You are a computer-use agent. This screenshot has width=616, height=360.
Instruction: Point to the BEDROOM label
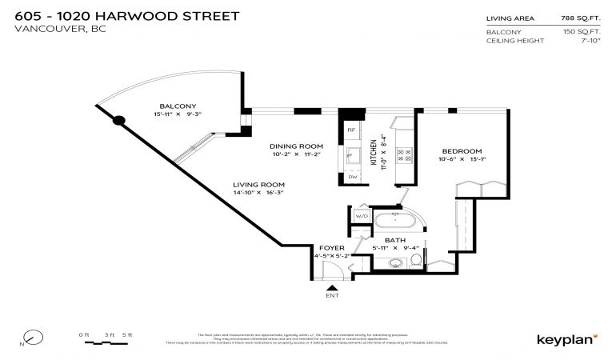[462, 151]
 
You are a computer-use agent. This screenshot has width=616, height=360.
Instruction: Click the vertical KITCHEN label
[374, 152]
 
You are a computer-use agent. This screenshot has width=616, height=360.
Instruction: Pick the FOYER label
[331, 248]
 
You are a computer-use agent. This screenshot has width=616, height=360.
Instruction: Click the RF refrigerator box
[350, 130]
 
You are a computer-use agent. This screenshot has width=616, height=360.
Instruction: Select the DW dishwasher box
[352, 177]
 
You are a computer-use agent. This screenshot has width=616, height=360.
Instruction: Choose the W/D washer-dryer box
[362, 216]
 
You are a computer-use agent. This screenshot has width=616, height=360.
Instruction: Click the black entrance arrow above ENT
[332, 286]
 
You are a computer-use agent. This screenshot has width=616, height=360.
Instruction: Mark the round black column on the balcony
[119, 121]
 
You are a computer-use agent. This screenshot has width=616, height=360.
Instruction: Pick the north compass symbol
[32, 338]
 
